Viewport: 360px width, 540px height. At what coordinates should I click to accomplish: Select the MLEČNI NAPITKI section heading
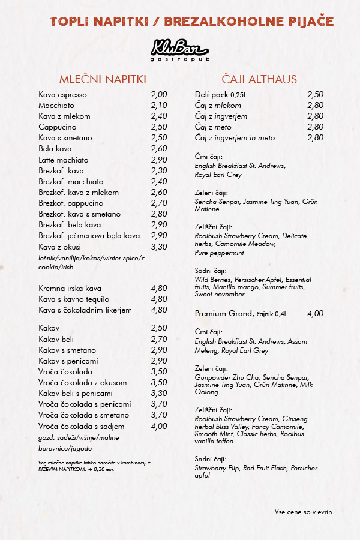(103, 80)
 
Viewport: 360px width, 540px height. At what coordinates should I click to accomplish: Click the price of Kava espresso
(159, 95)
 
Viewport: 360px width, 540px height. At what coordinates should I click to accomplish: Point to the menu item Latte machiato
(64, 160)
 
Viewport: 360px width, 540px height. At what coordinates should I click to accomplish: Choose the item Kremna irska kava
(70, 289)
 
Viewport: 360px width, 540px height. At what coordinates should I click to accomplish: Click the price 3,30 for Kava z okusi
(159, 247)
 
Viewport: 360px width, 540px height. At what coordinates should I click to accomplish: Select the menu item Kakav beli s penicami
(76, 394)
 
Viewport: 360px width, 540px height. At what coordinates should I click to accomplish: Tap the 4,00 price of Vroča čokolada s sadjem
(159, 426)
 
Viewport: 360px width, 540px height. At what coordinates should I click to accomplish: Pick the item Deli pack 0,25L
(221, 95)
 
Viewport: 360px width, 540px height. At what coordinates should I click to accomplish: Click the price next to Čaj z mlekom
(315, 106)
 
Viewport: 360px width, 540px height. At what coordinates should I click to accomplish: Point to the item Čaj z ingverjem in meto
(235, 138)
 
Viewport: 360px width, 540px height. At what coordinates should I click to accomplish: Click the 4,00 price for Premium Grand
(315, 314)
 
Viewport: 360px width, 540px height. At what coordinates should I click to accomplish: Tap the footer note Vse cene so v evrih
(304, 512)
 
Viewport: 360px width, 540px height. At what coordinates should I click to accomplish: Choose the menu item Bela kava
(55, 149)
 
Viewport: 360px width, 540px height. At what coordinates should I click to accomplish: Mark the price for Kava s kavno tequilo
(159, 299)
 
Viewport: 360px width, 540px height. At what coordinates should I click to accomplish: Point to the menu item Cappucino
(58, 127)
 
